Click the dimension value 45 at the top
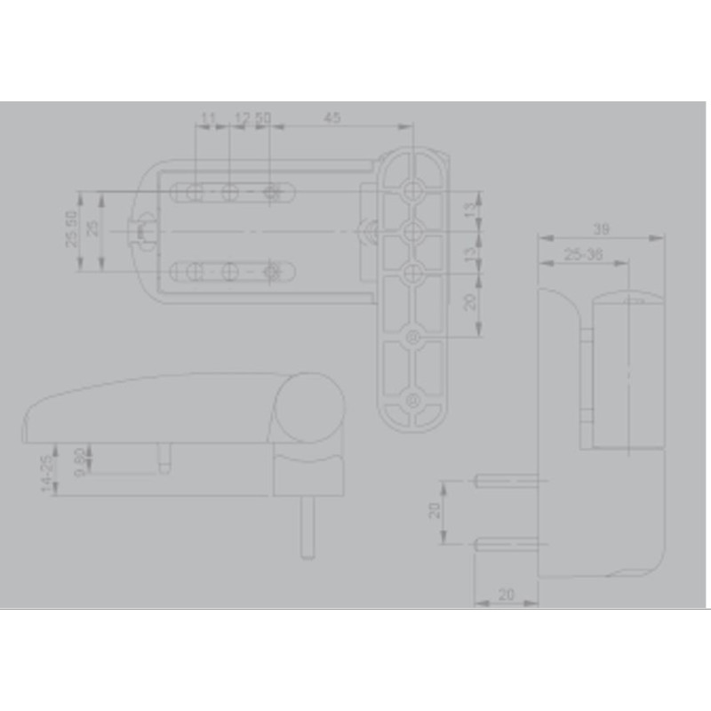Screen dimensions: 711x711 tap(332, 117)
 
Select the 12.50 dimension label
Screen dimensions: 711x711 tap(252, 117)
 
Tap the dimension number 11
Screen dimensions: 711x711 tap(208, 117)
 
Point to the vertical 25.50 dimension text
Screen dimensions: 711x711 tap(71, 229)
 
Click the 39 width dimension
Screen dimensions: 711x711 tap(601, 229)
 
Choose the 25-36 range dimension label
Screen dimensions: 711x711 tap(584, 254)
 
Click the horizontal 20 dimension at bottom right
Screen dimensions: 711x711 tap(506, 594)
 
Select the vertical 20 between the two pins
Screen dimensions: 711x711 tap(435, 511)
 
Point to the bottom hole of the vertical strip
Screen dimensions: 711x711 tap(414, 401)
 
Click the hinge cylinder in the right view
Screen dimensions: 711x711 tap(627, 373)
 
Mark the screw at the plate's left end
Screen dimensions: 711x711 tap(140, 231)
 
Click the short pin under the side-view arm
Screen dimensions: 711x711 tap(164, 459)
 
